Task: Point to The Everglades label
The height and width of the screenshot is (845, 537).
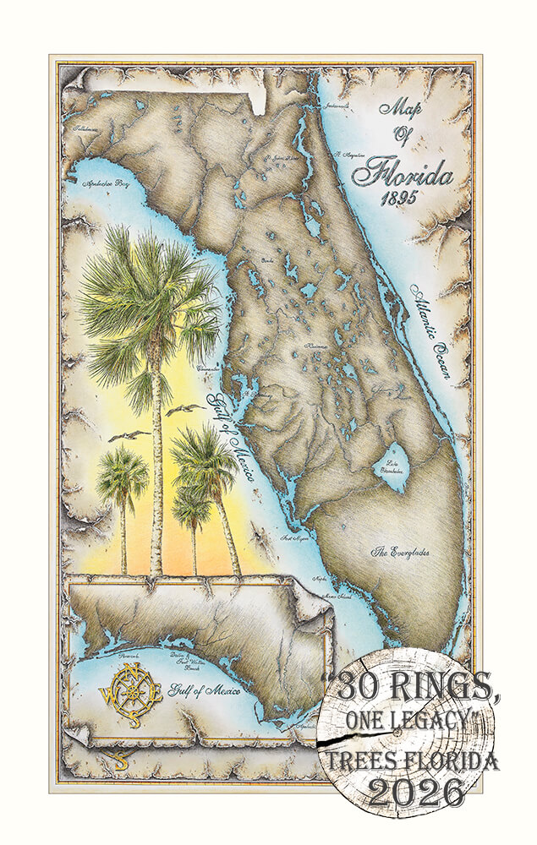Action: click(401, 552)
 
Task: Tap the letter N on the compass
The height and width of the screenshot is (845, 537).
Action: click(129, 671)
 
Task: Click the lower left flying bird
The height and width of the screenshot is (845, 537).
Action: click(129, 437)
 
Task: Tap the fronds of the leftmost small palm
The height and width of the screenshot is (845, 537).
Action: click(122, 478)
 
